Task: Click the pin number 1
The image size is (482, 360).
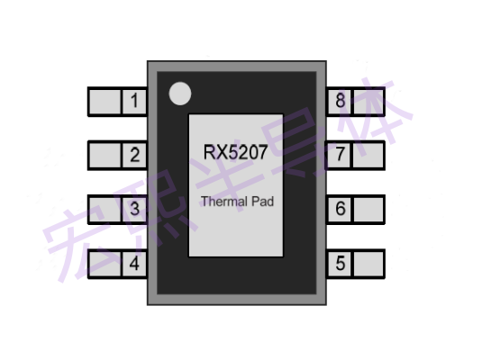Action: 134,101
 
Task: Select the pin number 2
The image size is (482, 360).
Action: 134,155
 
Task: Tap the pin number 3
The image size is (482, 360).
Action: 134,209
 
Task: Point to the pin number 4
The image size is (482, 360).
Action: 134,263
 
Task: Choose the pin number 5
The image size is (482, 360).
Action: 341,263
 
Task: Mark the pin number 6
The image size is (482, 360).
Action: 341,209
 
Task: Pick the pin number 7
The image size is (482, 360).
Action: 340,154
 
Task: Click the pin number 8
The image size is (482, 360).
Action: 341,101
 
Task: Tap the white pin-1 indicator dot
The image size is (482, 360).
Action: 180,94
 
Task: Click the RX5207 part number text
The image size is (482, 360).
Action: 235,152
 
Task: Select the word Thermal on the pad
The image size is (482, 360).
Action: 224,202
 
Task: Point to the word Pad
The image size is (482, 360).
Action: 263,202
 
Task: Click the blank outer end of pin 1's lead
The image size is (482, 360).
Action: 105,102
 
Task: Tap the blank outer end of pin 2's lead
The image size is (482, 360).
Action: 105,155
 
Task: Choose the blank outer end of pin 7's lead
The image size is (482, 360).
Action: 368,155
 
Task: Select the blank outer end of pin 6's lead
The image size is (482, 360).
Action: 368,209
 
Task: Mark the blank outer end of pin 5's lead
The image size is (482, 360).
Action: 368,264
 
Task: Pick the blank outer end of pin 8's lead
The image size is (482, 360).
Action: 368,102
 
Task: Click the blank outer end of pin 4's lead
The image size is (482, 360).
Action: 105,264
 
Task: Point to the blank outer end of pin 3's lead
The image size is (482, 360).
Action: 105,209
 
